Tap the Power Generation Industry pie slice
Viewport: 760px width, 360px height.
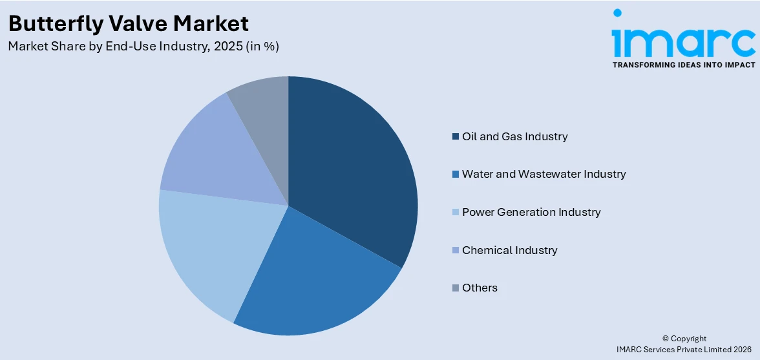(207, 246)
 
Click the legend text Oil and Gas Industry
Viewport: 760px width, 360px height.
(514, 136)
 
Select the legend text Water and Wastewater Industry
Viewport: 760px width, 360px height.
(544, 174)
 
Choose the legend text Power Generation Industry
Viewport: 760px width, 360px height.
(531, 212)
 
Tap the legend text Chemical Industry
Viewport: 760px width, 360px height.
(509, 250)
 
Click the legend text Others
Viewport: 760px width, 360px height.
(480, 288)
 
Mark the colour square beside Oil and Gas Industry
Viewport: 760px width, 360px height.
(456, 136)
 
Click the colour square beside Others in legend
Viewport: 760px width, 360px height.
(456, 288)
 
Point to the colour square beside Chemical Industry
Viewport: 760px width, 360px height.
(456, 250)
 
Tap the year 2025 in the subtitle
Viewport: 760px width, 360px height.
(217, 47)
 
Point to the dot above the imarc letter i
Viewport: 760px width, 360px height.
(617, 13)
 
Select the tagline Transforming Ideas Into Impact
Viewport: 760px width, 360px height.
(683, 65)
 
